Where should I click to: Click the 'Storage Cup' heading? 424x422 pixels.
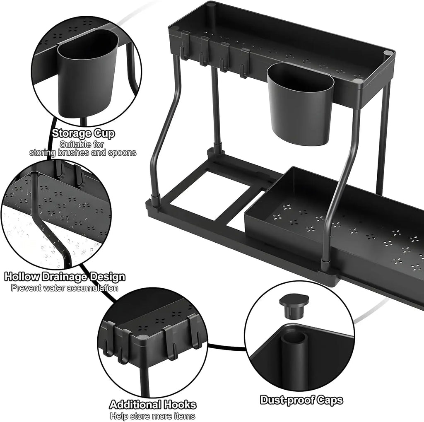point(83,133)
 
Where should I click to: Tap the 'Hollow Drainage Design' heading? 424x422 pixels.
point(64,276)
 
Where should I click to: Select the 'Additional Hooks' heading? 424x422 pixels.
point(152,404)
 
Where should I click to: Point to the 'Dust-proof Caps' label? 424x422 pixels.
point(301,400)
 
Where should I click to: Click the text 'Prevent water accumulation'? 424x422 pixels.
point(64,288)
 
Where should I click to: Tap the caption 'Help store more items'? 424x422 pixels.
point(152,415)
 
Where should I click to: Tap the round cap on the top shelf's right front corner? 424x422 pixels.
point(388,53)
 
